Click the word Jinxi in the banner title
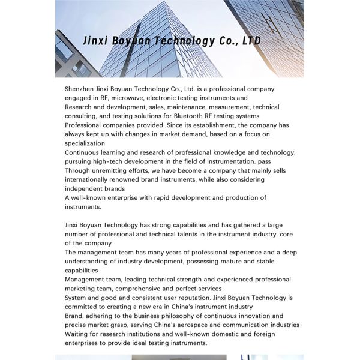(96, 41)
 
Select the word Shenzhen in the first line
(80, 89)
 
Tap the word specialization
(85, 143)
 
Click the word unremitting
(113, 170)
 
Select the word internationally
(88, 179)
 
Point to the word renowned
(133, 179)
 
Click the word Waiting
(77, 334)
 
